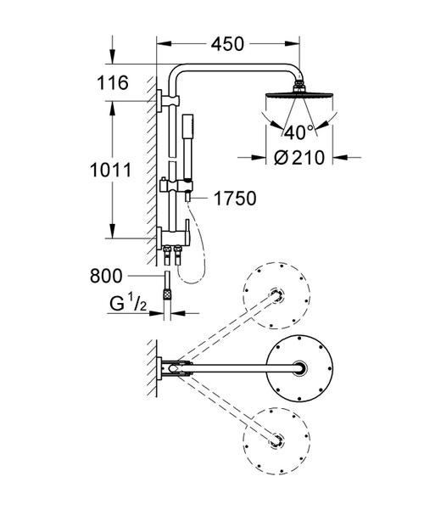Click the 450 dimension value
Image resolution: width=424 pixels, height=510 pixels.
227,44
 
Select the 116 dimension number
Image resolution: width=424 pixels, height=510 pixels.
113,82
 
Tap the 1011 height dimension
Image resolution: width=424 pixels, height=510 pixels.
110,170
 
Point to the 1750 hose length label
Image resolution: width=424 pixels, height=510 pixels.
235,198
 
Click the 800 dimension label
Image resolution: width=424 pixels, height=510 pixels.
106,276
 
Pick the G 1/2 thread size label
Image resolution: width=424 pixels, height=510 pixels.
128,304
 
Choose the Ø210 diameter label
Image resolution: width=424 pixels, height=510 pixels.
299,158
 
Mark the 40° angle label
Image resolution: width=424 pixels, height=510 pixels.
299,132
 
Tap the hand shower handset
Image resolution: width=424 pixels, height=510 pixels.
187,146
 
